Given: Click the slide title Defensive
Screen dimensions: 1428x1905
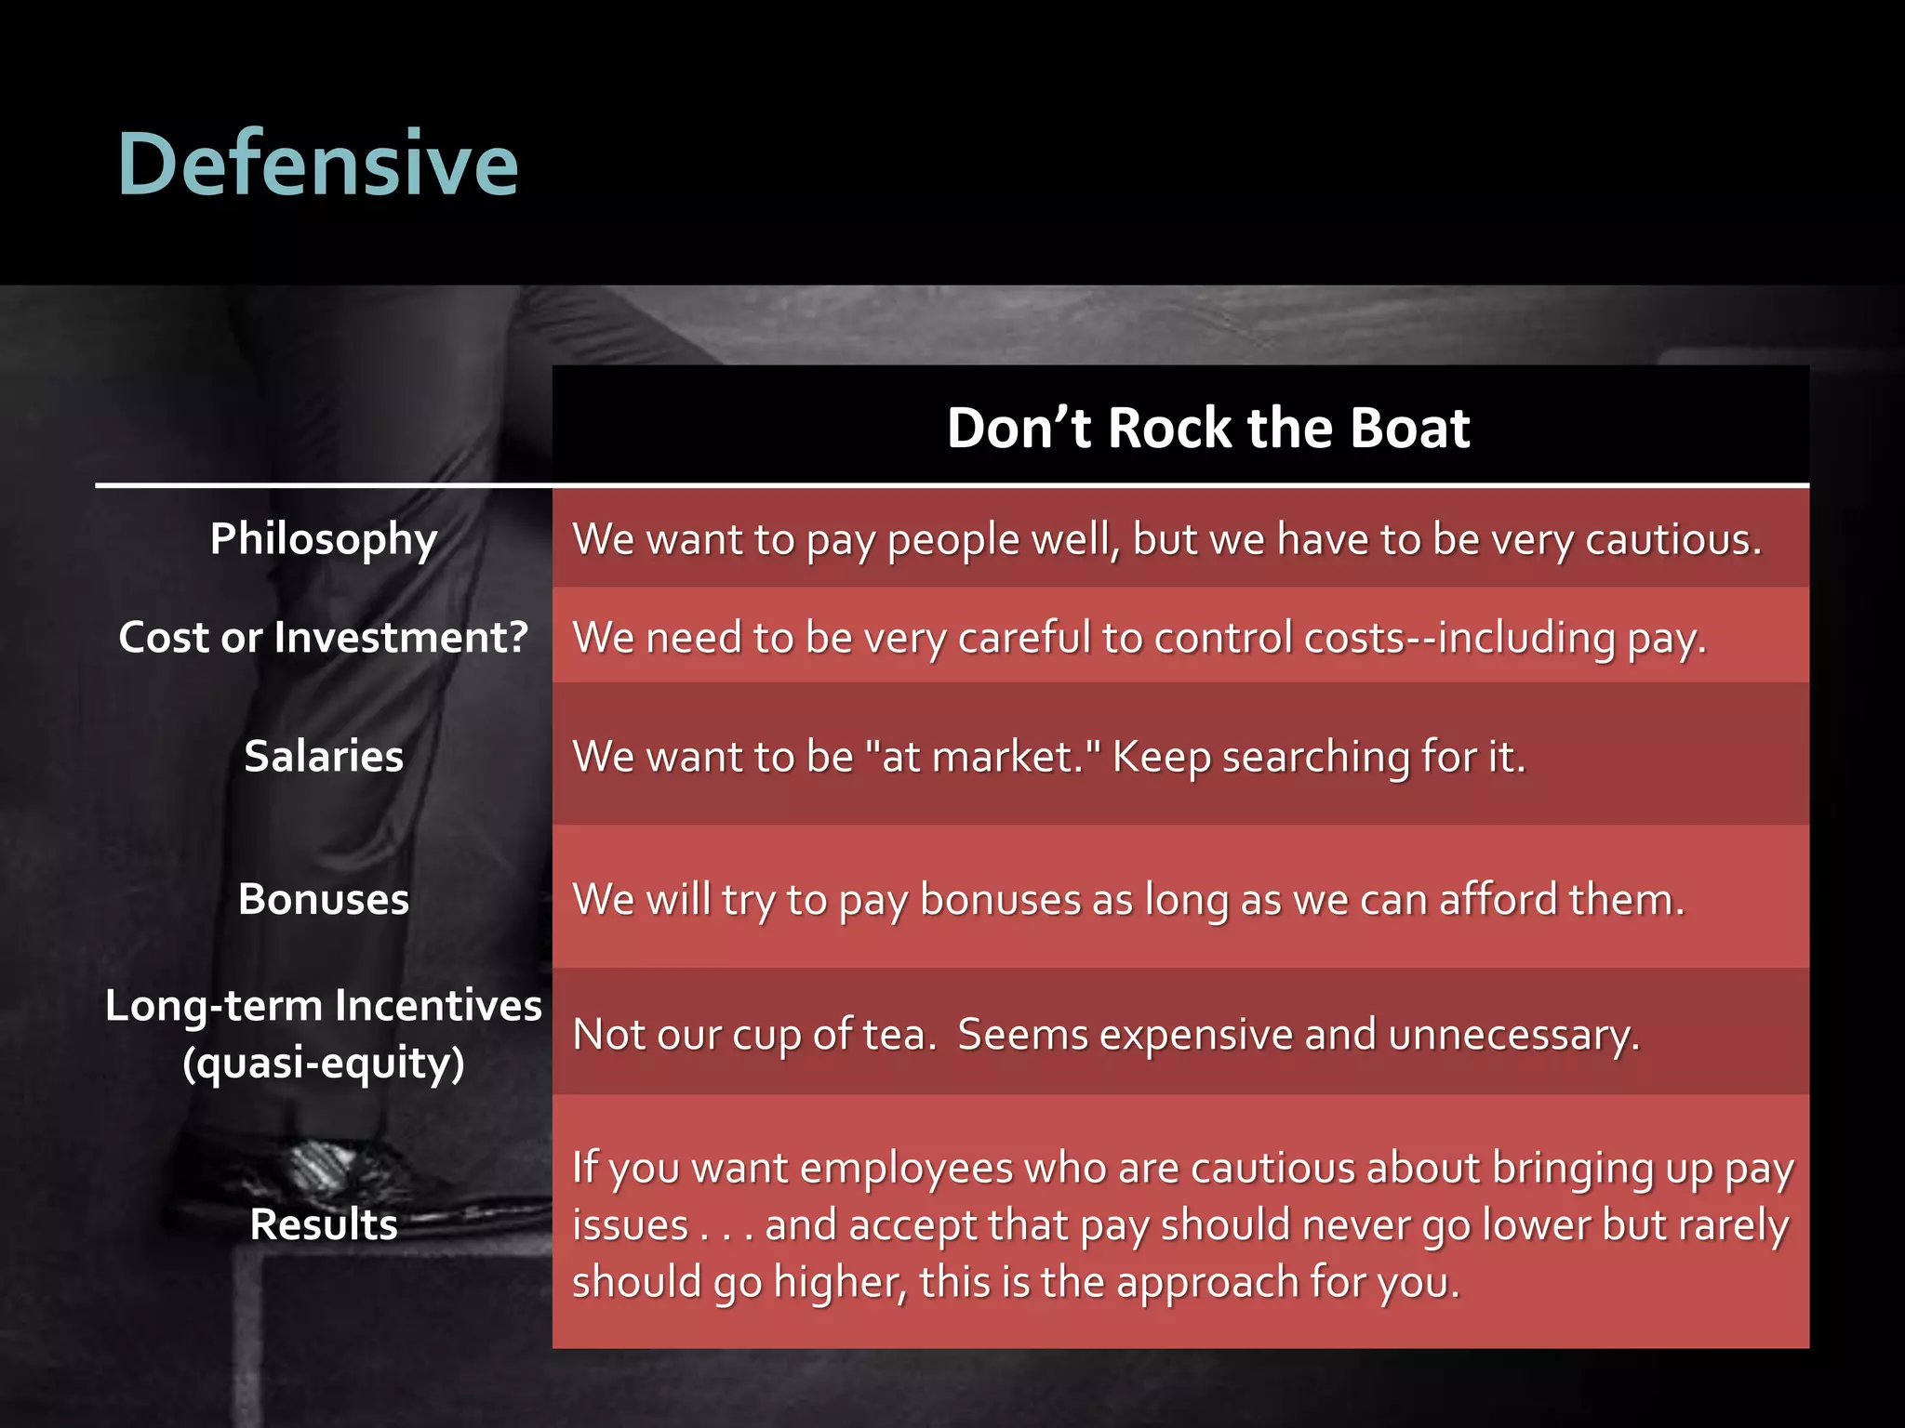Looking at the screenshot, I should tap(317, 165).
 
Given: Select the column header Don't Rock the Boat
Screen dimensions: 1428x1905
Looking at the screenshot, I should tap(1207, 428).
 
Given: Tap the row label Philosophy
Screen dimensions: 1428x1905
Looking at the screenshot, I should tap(323, 539).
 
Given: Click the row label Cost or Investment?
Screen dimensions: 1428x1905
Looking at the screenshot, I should tap(323, 638).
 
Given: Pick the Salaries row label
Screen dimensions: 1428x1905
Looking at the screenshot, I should tap(323, 756).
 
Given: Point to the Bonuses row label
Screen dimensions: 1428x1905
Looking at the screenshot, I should tap(323, 899).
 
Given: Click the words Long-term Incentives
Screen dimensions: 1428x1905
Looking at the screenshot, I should tap(323, 1006).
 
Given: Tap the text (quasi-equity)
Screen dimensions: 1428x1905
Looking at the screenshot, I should tap(323, 1063).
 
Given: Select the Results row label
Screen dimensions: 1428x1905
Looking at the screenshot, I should tap(323, 1224).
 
